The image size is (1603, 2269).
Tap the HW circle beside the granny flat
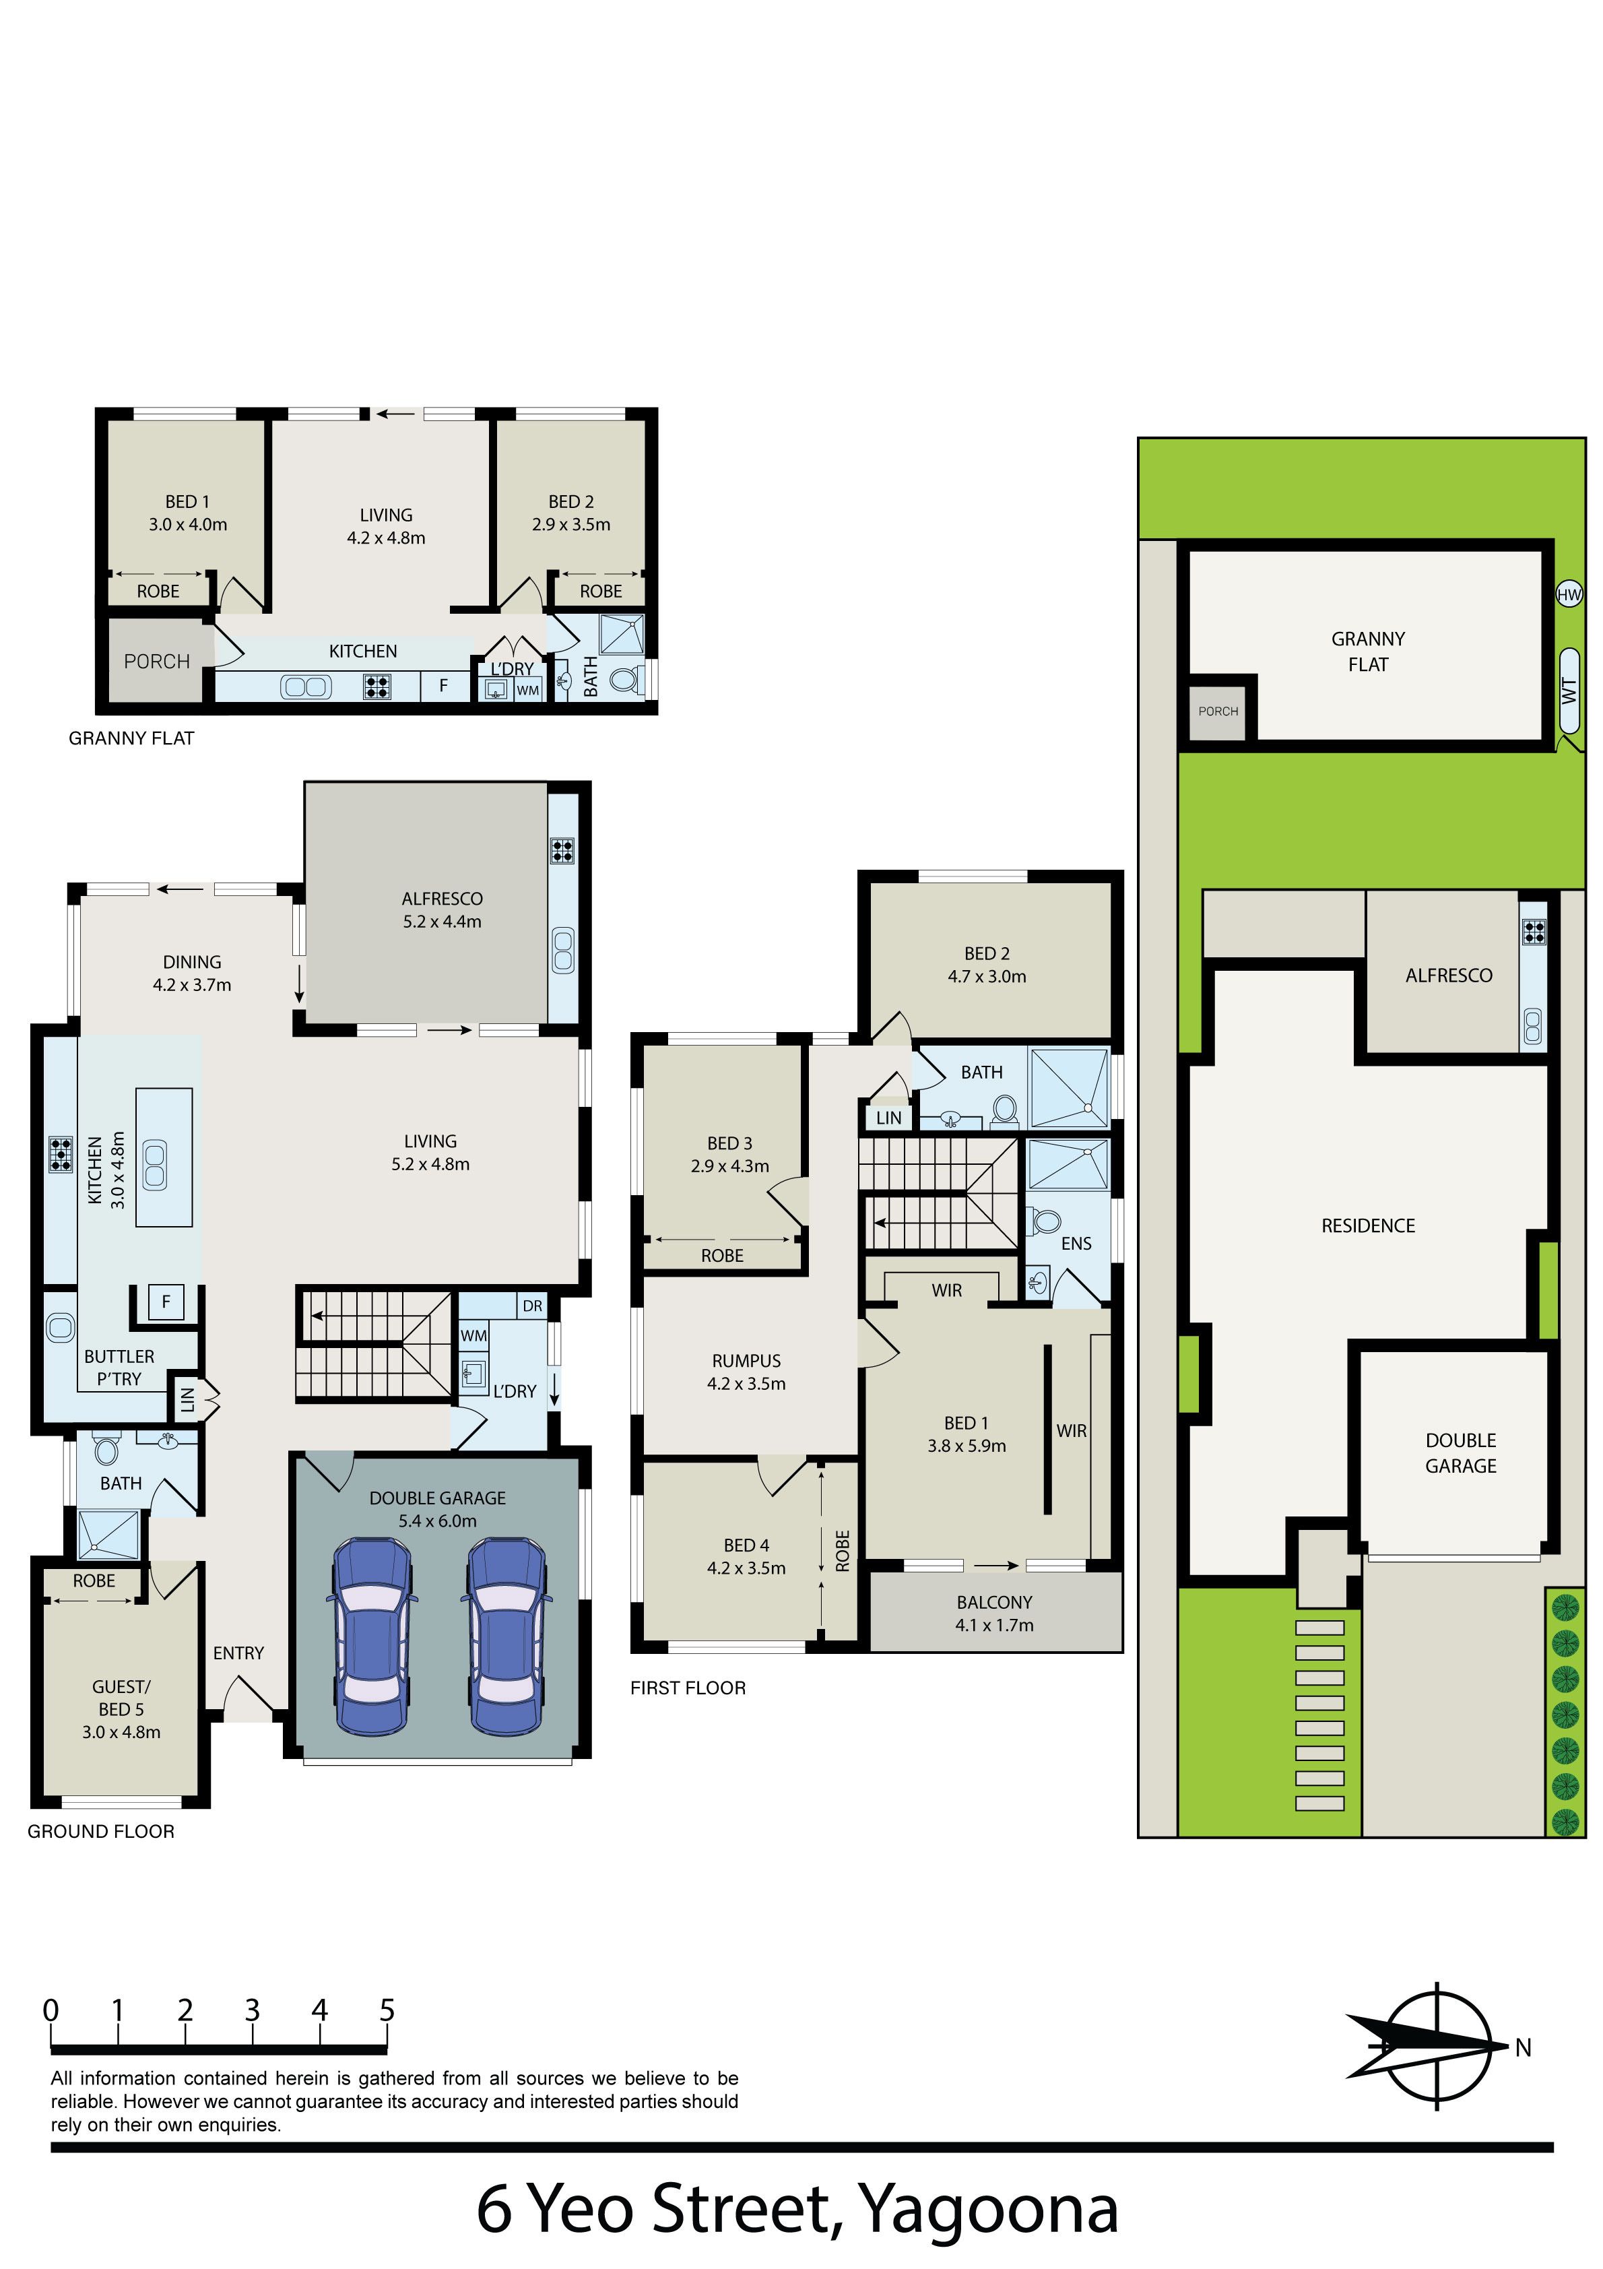coord(1569,594)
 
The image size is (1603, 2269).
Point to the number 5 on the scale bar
coord(387,2010)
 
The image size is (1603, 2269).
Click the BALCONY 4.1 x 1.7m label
coord(994,1613)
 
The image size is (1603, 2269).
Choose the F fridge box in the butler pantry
coord(166,1302)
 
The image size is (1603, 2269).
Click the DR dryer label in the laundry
coord(533,1306)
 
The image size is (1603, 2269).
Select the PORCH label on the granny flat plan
coord(157,661)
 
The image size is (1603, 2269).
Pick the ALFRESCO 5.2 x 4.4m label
coord(442,910)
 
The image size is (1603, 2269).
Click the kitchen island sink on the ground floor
coord(155,1164)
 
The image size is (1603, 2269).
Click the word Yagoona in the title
coord(987,2207)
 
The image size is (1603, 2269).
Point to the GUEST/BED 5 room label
coord(121,1708)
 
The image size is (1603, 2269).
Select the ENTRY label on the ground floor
coord(238,1653)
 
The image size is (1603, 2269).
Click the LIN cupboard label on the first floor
coord(888,1118)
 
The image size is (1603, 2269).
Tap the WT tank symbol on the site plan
coord(1569,692)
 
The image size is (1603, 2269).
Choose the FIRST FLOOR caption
coord(688,1688)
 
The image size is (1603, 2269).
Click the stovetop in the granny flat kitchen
coord(377,686)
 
